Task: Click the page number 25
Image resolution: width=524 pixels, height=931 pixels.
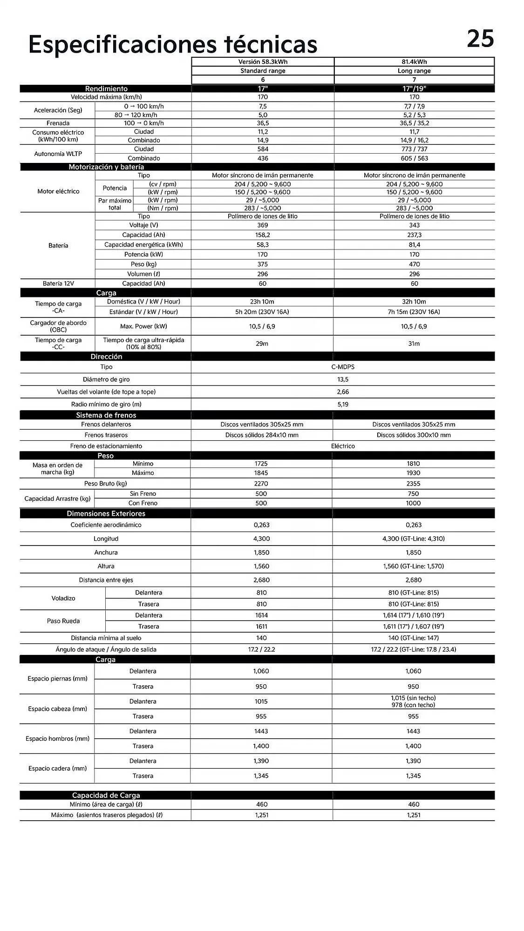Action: point(480,39)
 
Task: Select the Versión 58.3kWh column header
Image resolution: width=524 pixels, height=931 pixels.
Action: point(263,62)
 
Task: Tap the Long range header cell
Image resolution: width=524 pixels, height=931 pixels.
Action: point(414,71)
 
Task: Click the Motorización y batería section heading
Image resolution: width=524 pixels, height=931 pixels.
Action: point(106,167)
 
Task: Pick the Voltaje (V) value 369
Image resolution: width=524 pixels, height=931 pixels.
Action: point(263,225)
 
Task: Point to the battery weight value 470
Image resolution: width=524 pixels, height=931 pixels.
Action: point(414,264)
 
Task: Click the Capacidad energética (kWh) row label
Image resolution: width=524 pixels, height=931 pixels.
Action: point(143,245)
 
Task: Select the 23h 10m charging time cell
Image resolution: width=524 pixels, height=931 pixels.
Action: point(262,302)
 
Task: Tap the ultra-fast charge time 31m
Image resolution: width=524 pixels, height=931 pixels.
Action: point(414,344)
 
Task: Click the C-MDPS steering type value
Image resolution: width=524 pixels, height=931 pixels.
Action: point(343,367)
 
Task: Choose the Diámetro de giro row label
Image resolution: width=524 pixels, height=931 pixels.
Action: point(106,379)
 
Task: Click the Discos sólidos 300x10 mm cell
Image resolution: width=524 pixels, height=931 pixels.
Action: point(414,435)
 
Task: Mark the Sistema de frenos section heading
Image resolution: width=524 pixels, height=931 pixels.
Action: point(106,415)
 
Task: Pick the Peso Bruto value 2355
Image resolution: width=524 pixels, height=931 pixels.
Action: point(413,484)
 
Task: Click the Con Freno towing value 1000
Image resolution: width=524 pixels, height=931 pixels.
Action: point(413,503)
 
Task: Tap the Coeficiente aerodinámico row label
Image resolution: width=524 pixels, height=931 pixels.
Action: point(106,525)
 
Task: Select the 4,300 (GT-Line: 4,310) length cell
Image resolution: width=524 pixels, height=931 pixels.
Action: point(413,539)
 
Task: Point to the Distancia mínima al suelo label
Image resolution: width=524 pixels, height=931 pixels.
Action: point(106,638)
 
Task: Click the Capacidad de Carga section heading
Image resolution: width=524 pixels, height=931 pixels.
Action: point(106,795)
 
